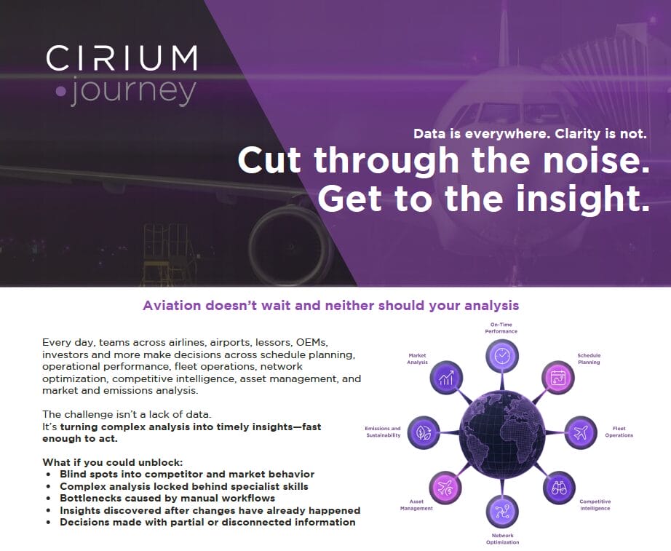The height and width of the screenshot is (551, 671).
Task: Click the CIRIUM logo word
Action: [122, 58]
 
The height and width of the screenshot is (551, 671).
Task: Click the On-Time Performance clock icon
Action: [502, 355]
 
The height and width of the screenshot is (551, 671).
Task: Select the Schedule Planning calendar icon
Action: [558, 378]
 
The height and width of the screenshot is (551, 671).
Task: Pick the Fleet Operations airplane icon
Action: [580, 432]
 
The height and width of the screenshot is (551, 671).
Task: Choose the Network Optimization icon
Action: [502, 510]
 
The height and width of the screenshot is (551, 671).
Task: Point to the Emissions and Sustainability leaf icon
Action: [423, 432]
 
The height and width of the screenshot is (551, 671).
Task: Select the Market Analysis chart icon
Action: [445, 378]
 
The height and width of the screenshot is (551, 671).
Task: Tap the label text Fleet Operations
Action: [619, 432]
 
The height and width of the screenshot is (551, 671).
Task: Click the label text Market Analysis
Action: [417, 359]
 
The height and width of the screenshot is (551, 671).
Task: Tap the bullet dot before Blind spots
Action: [48, 474]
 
